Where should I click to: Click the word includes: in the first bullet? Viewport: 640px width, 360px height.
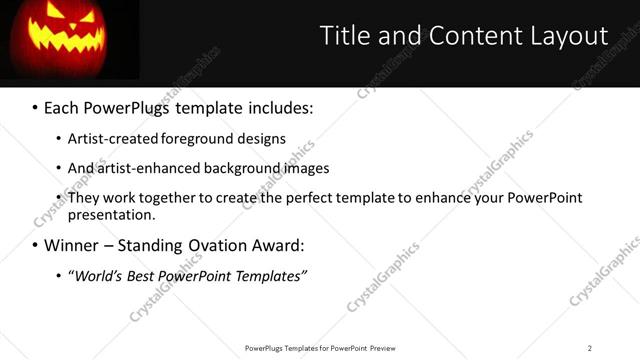tap(274, 105)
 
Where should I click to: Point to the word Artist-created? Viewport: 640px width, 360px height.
tap(110, 139)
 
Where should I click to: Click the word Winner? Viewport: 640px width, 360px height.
tap(70, 245)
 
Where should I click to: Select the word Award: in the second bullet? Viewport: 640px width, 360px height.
tap(276, 245)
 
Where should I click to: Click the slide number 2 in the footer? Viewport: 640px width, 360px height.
tap(589, 348)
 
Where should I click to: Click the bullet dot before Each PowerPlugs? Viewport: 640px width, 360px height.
tap(35, 106)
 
